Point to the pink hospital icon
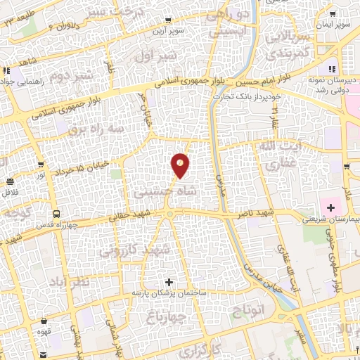(329, 207)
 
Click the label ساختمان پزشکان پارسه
(166, 292)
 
